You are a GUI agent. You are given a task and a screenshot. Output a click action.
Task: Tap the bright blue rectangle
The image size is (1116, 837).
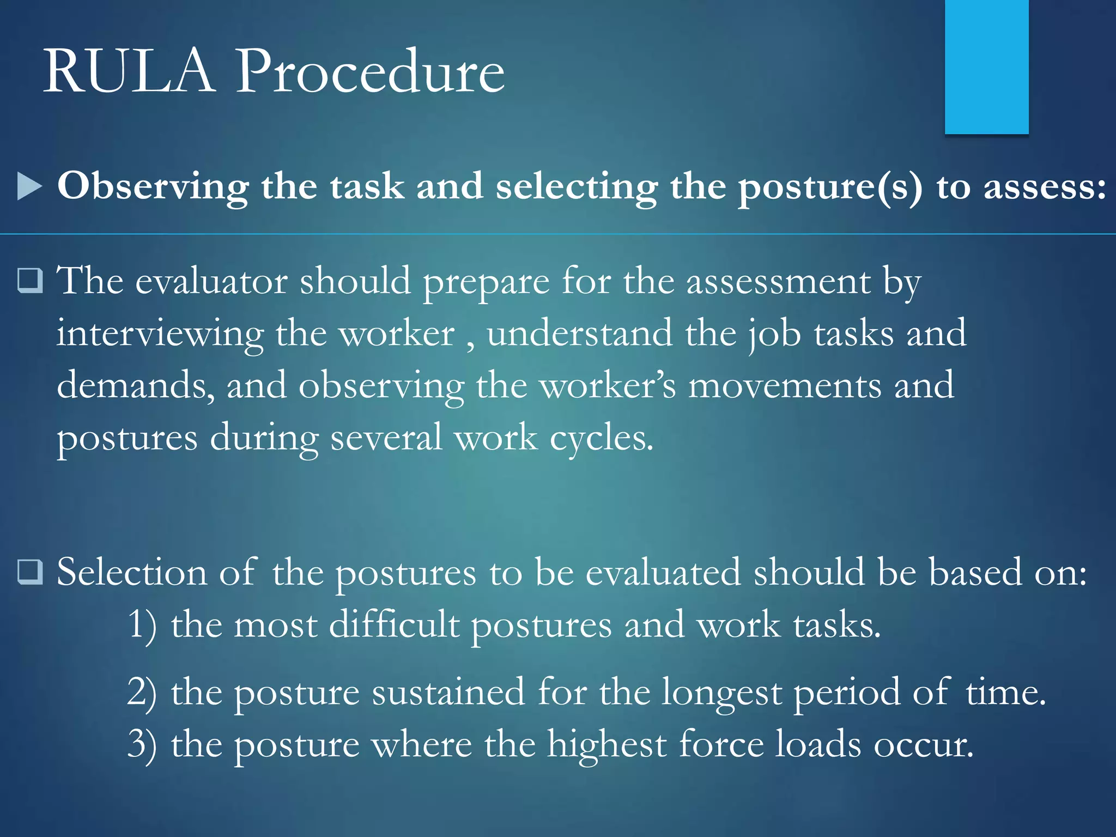986,66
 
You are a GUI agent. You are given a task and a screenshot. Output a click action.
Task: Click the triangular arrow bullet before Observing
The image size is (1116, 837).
29,186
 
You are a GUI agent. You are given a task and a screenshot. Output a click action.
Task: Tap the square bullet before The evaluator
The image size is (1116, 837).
30,281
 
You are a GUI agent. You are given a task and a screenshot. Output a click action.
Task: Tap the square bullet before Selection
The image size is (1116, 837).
30,572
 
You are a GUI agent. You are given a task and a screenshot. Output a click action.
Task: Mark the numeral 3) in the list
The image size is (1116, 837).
142,745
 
